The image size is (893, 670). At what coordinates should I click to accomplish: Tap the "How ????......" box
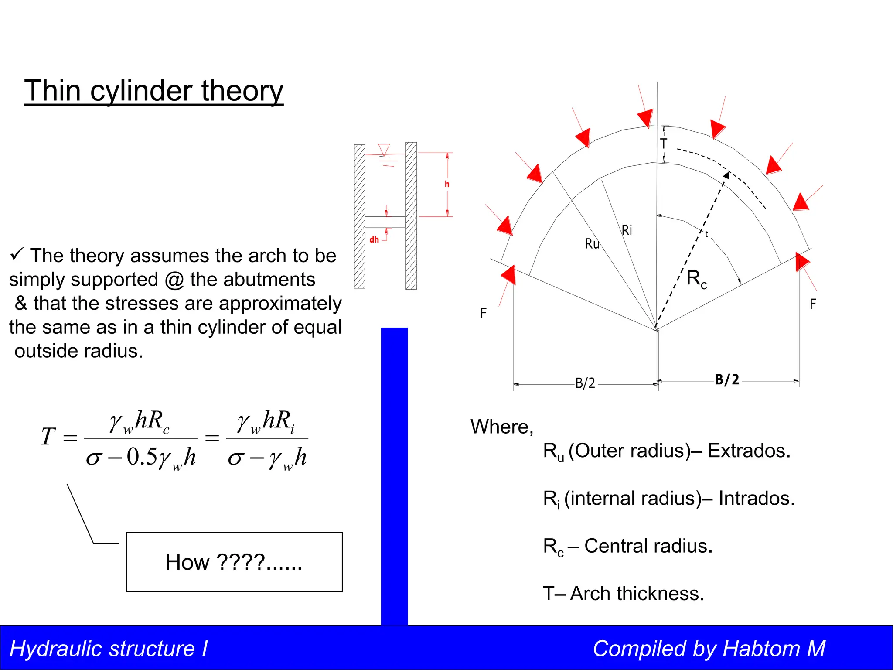(x=234, y=562)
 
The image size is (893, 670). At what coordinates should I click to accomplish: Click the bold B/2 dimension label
(x=727, y=379)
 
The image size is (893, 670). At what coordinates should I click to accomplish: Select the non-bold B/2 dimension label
(x=585, y=383)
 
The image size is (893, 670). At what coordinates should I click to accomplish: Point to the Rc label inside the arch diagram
(x=696, y=279)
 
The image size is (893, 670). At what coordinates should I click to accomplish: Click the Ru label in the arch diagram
(x=592, y=244)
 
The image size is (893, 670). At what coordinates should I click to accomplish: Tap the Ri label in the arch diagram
(x=627, y=230)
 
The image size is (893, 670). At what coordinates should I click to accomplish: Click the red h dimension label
(x=447, y=184)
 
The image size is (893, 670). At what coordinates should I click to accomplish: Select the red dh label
(x=374, y=239)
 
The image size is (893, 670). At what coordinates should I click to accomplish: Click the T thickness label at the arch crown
(x=663, y=144)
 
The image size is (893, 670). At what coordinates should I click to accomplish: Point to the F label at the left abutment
(x=483, y=313)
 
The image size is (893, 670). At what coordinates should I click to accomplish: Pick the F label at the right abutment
(x=813, y=304)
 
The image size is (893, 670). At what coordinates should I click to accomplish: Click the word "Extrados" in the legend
(x=749, y=451)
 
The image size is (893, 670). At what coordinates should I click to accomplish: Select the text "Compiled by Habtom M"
(x=709, y=649)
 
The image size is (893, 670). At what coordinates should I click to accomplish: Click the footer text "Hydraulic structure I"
(x=109, y=649)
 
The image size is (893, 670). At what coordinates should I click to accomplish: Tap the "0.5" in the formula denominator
(x=142, y=457)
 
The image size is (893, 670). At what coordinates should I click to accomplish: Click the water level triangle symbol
(x=384, y=150)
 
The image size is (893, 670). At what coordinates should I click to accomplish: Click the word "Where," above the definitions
(x=502, y=427)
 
